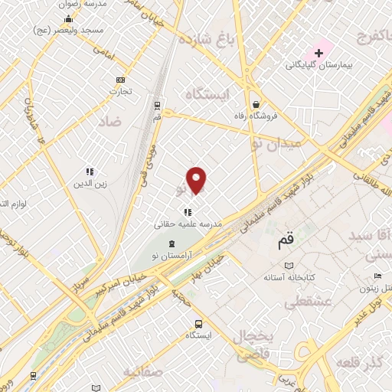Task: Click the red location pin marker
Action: click(x=197, y=180)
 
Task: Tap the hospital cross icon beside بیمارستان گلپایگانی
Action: click(x=318, y=52)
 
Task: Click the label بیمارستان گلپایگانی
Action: click(x=328, y=66)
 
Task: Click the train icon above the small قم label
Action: click(x=157, y=105)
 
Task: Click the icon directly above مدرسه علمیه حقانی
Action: click(x=188, y=212)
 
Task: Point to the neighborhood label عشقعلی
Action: click(x=308, y=303)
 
